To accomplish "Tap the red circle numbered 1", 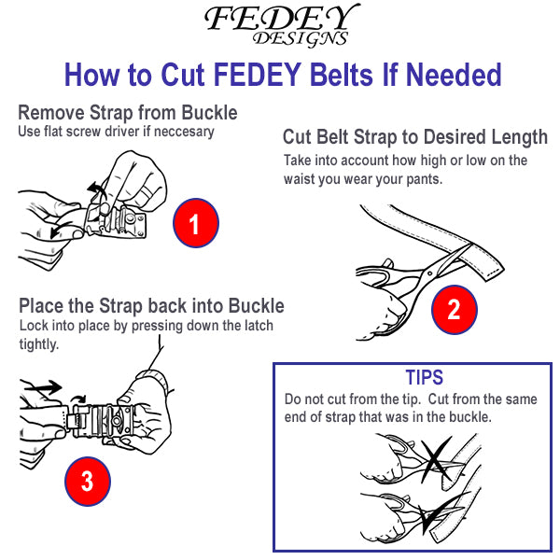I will (195, 223).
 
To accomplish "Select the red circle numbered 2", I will (453, 309).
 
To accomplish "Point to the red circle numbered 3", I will (87, 481).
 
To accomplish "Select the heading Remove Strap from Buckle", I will (128, 113).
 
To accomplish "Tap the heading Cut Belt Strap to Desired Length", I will (414, 137).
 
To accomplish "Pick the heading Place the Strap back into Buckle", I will (151, 306).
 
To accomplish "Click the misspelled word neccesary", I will (180, 132).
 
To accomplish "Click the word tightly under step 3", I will (39, 344).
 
